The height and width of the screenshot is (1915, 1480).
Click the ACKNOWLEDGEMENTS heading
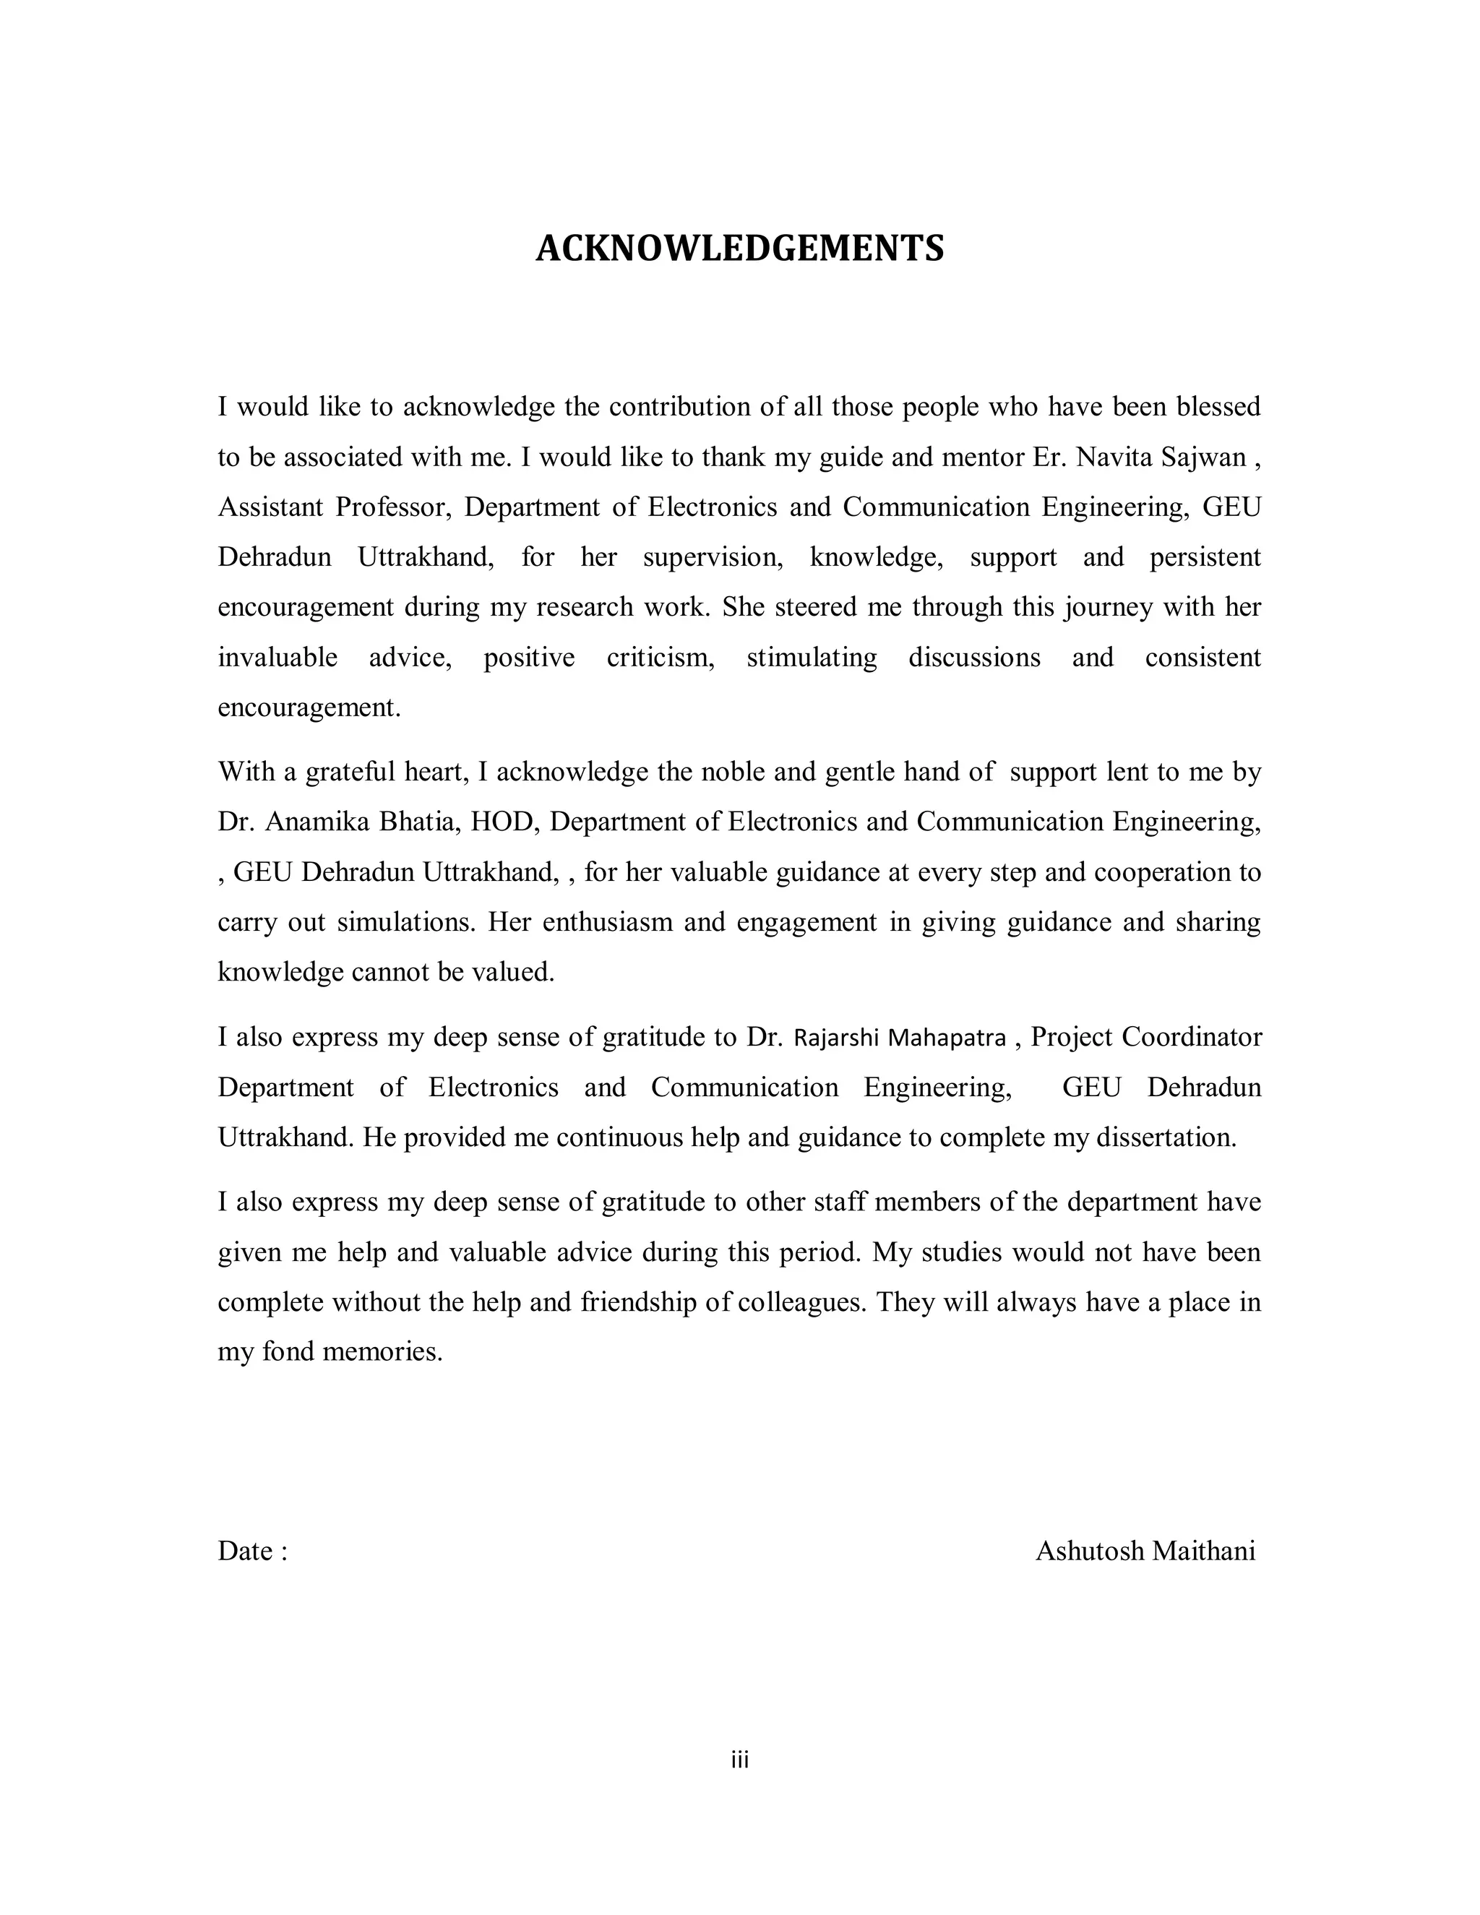(x=739, y=249)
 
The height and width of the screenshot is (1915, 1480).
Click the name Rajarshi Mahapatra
(x=900, y=1037)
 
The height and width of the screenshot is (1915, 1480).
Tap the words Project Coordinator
(x=1146, y=1037)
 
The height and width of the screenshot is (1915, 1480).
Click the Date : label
(x=252, y=1551)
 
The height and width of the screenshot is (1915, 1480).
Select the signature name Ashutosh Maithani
(x=1145, y=1551)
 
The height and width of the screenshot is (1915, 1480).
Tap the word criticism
(x=661, y=658)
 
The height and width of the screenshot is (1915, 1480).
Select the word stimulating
(x=811, y=658)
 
